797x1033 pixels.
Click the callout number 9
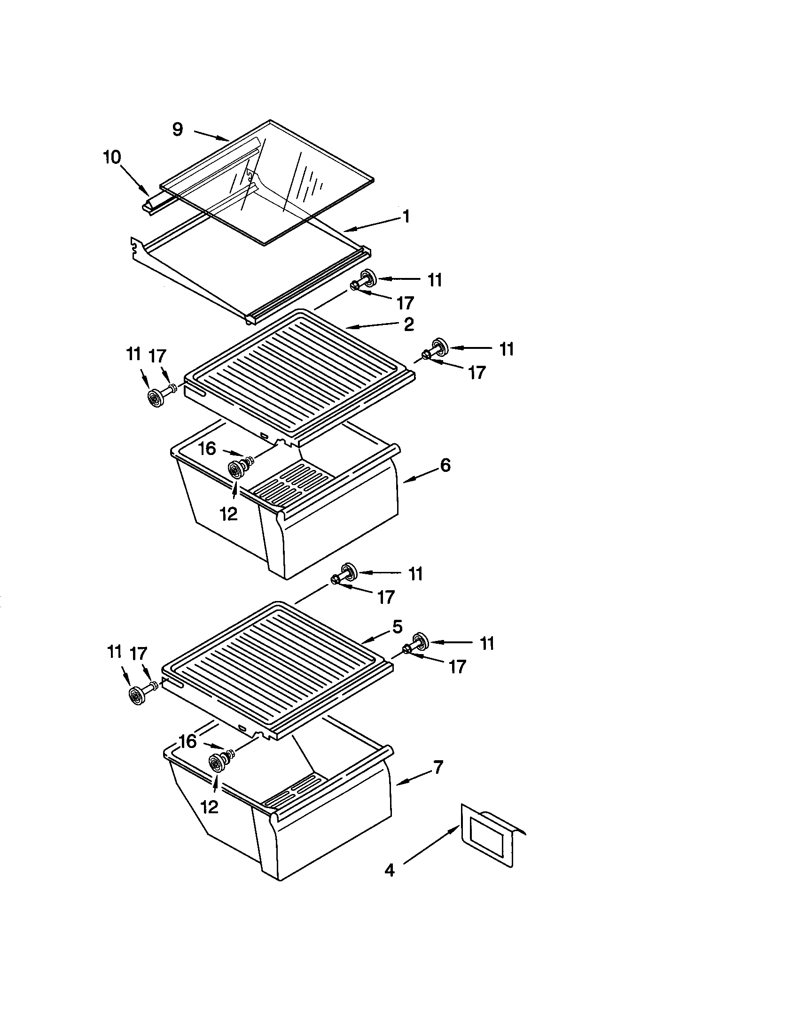pos(178,129)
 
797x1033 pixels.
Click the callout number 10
pos(112,157)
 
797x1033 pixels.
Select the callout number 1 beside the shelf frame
pos(406,216)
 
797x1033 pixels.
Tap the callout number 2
pos(409,324)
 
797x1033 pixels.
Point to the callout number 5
pos(397,627)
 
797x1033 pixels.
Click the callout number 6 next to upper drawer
pos(445,465)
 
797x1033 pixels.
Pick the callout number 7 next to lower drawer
pos(438,767)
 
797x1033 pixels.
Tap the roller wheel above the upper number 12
pos(236,470)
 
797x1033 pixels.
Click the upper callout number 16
pos(207,448)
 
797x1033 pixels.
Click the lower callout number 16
pos(188,741)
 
